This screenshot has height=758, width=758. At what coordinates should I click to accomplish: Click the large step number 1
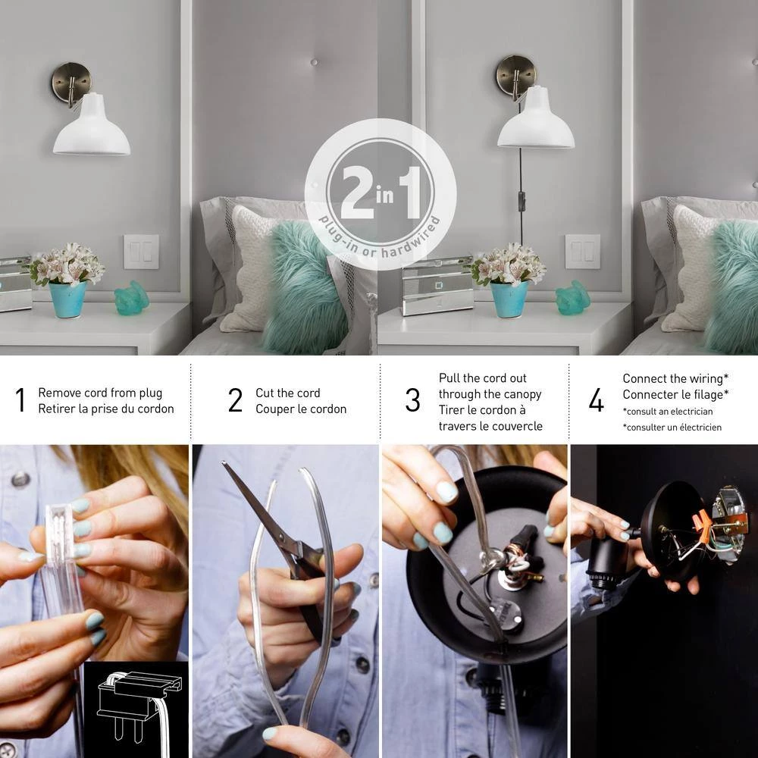pyautogui.click(x=20, y=400)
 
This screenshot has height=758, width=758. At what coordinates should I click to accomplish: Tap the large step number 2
pyautogui.click(x=236, y=400)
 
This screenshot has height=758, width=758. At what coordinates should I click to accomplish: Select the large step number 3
pyautogui.click(x=413, y=400)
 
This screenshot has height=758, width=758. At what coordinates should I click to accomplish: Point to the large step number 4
pyautogui.click(x=597, y=400)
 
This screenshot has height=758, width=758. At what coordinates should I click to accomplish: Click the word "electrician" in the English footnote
pyautogui.click(x=691, y=412)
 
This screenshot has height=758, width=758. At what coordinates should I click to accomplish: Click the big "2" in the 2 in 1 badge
pyautogui.click(x=357, y=192)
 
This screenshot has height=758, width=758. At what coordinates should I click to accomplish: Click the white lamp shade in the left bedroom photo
pyautogui.click(x=92, y=126)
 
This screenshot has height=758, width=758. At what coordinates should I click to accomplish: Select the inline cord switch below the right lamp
pyautogui.click(x=522, y=198)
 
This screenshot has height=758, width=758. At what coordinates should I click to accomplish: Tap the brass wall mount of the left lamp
pyautogui.click(x=70, y=83)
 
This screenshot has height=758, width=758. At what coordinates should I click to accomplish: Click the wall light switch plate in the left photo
pyautogui.click(x=141, y=252)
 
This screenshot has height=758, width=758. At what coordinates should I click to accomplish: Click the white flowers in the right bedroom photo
pyautogui.click(x=509, y=264)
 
